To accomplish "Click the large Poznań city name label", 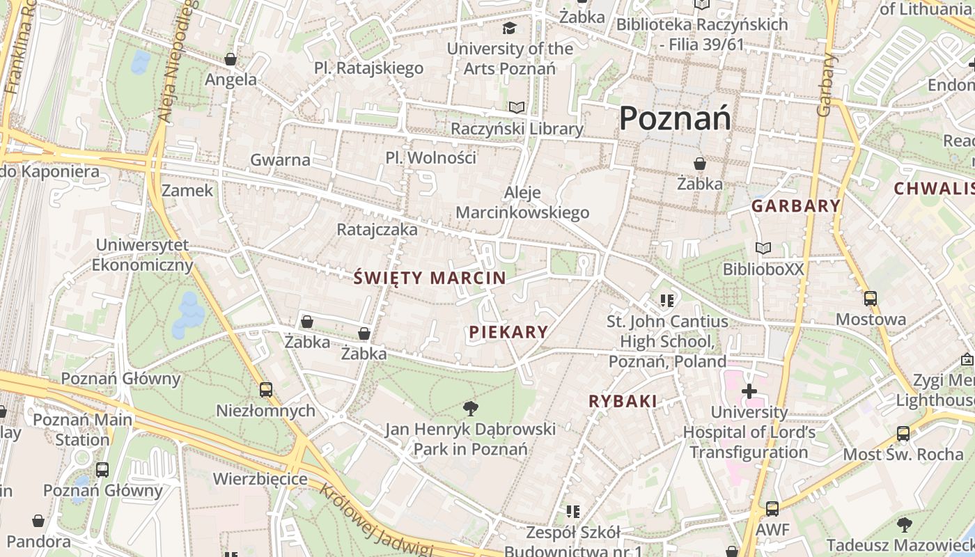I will tap(675, 118).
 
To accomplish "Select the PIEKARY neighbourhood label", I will tap(508, 332).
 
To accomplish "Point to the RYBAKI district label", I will tap(623, 401).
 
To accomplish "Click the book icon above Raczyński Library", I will tap(516, 107).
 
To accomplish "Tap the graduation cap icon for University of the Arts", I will tap(510, 28).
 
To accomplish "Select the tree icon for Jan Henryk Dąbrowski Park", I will tap(471, 408).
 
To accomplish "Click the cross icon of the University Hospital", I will tap(749, 391).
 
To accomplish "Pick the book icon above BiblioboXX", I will tap(763, 248).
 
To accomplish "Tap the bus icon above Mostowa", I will tap(870, 299).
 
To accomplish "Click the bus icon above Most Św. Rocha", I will tap(903, 434).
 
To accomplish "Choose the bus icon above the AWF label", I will tap(772, 509).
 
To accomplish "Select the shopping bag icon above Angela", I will tap(231, 59).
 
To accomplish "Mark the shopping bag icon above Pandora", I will tap(38, 521).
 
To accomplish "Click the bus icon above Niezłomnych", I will tap(265, 390).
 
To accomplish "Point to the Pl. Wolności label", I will tap(430, 157).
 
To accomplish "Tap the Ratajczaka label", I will tap(377, 229).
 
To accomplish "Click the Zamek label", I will tap(187, 190).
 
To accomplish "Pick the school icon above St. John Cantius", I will tap(667, 301).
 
